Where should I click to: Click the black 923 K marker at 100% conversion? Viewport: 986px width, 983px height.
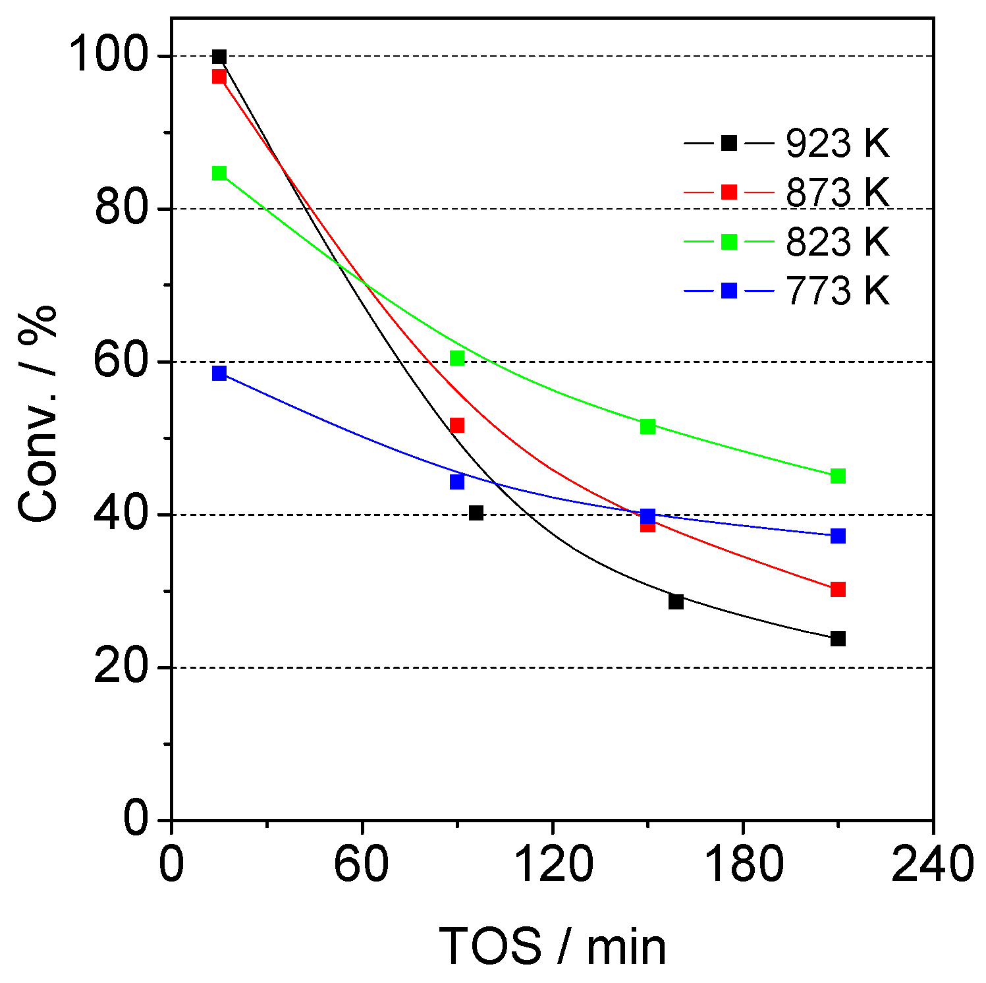pos(219,57)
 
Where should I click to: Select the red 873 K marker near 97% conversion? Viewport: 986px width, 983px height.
pos(219,76)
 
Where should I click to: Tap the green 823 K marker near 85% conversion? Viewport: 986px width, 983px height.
pos(219,173)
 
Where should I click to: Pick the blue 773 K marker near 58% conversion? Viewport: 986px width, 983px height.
pos(219,373)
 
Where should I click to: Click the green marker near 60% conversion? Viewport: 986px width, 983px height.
pos(457,358)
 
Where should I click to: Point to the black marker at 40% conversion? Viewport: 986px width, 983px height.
pos(476,513)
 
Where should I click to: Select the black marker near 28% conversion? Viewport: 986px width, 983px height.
pos(676,602)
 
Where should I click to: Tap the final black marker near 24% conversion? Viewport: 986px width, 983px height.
pos(838,638)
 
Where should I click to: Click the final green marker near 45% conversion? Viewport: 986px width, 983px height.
pos(838,476)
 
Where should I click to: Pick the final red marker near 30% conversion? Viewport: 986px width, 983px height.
pos(838,589)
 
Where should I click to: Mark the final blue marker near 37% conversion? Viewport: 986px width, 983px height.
pos(838,536)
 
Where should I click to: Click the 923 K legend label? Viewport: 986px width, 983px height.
pos(837,143)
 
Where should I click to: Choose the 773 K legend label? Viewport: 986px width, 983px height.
pos(837,291)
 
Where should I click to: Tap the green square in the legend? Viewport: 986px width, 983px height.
pos(729,242)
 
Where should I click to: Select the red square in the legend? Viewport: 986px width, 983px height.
pos(729,192)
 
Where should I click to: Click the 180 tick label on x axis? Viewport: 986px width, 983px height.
pos(744,864)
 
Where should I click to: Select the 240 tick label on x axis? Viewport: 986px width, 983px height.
pos(932,864)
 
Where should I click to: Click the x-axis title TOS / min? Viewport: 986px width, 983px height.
pos(552,946)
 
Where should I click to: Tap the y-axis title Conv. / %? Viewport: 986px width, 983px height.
pos(38,415)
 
